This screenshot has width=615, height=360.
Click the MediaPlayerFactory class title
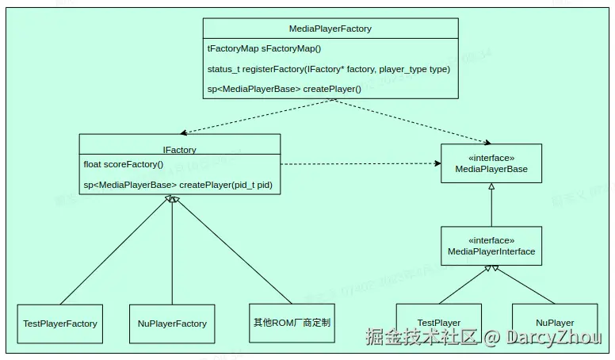click(330, 29)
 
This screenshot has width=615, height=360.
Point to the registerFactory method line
click(328, 69)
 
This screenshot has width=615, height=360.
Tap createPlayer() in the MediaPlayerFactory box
click(284, 89)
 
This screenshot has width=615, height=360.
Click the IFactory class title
click(179, 149)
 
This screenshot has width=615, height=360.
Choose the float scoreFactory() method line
click(123, 165)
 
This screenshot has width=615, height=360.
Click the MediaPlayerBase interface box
click(491, 163)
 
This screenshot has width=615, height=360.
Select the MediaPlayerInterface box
click(491, 246)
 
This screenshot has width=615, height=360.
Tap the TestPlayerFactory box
click(60, 323)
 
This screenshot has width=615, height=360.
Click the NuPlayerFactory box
click(172, 323)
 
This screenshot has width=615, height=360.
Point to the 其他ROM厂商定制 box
click(292, 323)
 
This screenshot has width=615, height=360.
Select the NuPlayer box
click(555, 323)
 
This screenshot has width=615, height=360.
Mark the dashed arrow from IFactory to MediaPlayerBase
click(361, 164)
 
